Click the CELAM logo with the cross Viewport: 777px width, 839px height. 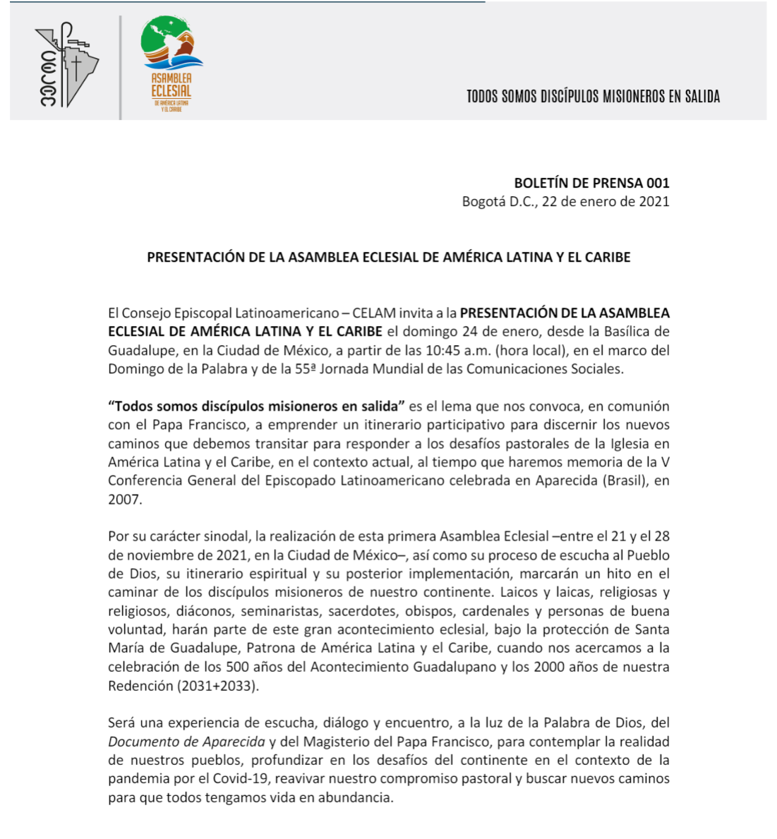click(x=66, y=66)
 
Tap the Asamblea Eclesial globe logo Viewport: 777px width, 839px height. click(x=171, y=64)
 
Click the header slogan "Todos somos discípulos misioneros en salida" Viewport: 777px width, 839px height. click(x=593, y=97)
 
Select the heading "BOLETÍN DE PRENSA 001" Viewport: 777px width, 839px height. click(x=591, y=183)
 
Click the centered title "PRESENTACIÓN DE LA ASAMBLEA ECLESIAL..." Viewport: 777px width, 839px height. click(x=388, y=258)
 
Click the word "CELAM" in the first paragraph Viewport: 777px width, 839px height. click(x=373, y=313)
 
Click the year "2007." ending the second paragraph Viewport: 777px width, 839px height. click(x=125, y=500)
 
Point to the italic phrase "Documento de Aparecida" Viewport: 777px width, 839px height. click(x=186, y=742)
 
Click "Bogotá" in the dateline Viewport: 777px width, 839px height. click(x=483, y=202)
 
